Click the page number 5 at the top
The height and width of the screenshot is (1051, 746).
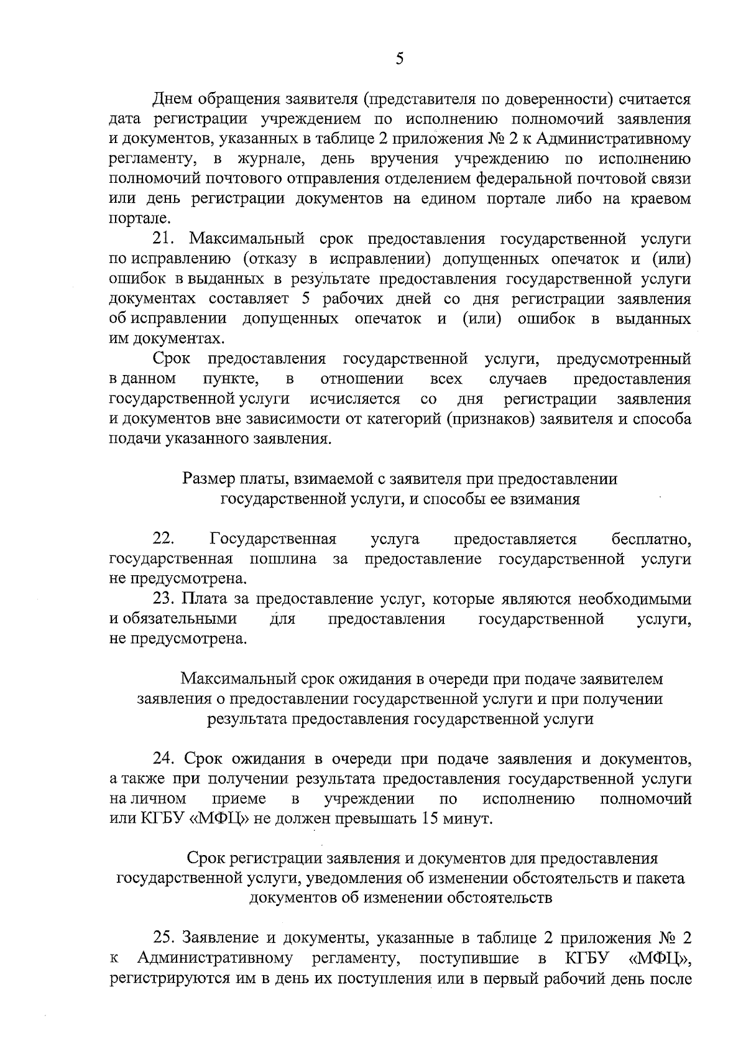tap(399, 58)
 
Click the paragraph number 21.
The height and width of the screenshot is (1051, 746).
tap(165, 239)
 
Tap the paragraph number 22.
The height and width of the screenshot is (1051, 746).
tap(165, 539)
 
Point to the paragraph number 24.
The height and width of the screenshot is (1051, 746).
tap(165, 759)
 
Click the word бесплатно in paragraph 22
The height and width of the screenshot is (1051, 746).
tap(651, 539)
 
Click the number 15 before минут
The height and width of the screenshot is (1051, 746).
tap(430, 818)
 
